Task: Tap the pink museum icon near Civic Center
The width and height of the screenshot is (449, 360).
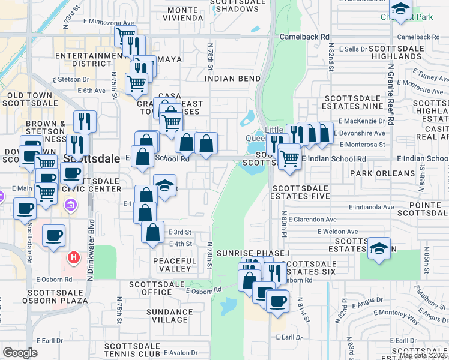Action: [x=71, y=206]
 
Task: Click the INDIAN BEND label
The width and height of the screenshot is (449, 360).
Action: [x=233, y=79]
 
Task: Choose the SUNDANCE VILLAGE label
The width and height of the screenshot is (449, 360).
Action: [x=170, y=316]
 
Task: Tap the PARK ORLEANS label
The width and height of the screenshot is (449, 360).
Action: [x=390, y=173]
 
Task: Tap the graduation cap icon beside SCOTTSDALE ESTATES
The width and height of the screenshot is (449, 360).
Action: [x=379, y=247]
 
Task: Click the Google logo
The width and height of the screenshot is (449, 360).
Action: [x=20, y=353]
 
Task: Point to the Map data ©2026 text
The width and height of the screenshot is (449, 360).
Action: [x=423, y=355]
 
